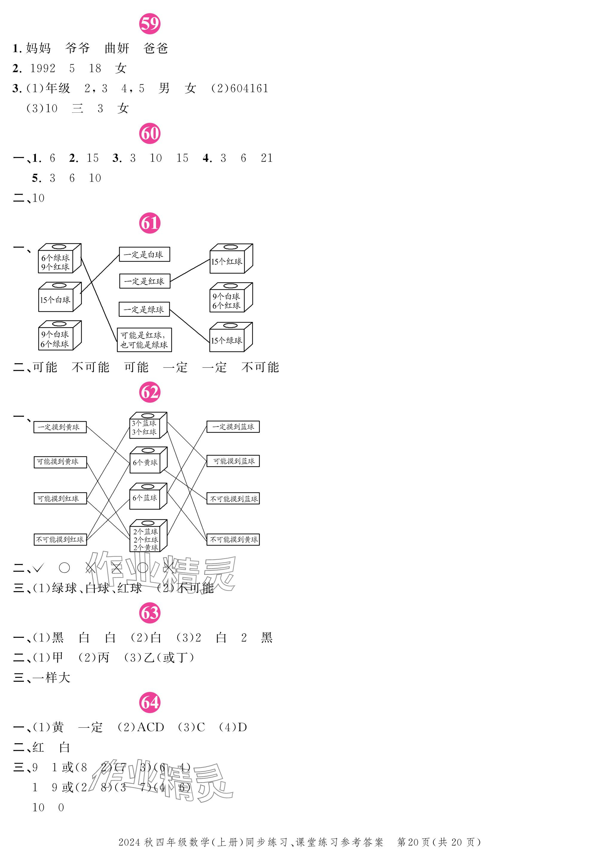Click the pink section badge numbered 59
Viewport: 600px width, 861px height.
(150, 24)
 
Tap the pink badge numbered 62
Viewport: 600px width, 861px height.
(150, 392)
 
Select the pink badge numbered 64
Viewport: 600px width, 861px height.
(150, 702)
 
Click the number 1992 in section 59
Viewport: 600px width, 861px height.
(43, 68)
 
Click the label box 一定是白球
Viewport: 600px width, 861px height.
(144, 254)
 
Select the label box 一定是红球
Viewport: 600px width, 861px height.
(145, 281)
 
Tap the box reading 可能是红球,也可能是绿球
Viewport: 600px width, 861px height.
(144, 340)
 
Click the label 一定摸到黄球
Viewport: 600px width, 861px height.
(60, 427)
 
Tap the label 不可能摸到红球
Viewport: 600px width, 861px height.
(60, 539)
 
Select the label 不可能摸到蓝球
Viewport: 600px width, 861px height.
(233, 499)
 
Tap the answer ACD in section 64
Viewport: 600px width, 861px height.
(150, 727)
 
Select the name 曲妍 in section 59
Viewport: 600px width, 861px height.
(117, 48)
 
